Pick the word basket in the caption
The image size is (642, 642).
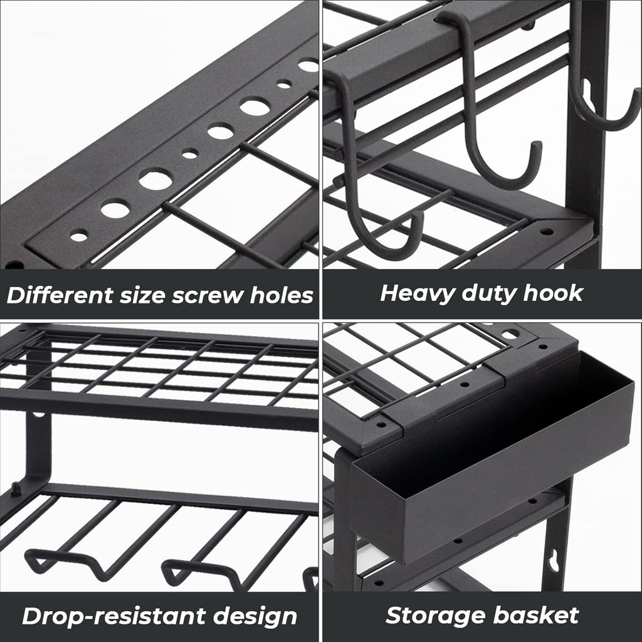[x=537, y=615]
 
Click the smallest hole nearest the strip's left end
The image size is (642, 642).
[x=79, y=236]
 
